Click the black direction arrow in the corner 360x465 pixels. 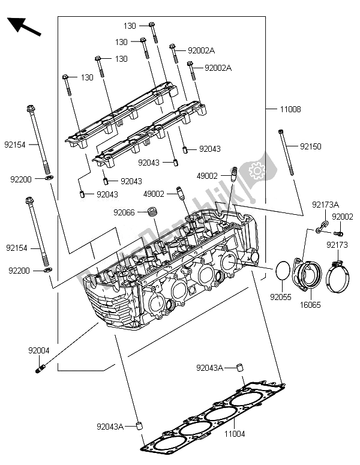tap(23, 28)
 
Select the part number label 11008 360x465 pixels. tap(290, 110)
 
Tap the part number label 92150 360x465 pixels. tap(311, 146)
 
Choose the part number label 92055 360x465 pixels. tap(280, 296)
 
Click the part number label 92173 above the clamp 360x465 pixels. tap(337, 245)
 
